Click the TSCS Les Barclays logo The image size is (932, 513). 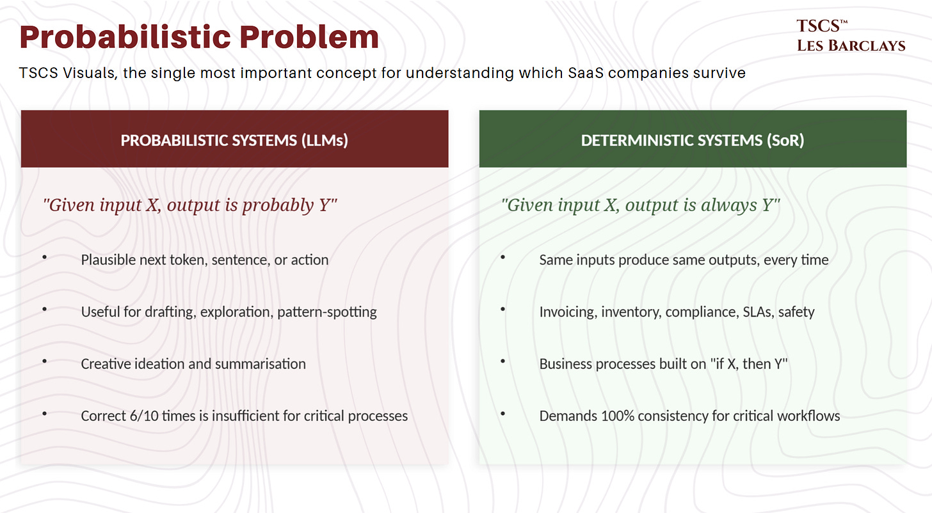851,36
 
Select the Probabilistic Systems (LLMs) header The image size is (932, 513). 234,139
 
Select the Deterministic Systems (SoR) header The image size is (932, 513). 693,139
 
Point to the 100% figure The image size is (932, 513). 619,416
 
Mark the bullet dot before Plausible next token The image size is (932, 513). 45,257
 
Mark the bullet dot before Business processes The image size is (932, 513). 503,361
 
